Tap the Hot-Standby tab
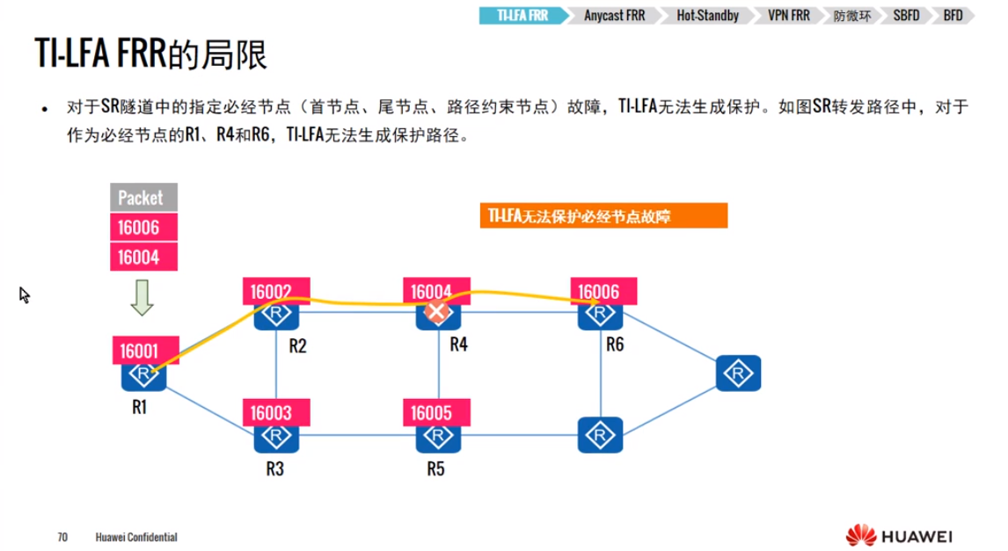pyautogui.click(x=707, y=16)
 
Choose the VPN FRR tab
pyautogui.click(x=787, y=16)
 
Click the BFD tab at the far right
pyautogui.click(x=953, y=16)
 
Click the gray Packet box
pyautogui.click(x=142, y=198)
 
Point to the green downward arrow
pyautogui.click(x=142, y=297)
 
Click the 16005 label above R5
pyautogui.click(x=437, y=412)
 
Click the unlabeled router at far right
pyautogui.click(x=737, y=373)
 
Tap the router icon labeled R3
pyautogui.click(x=276, y=435)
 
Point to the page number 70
pyautogui.click(x=62, y=536)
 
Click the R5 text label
pyautogui.click(x=435, y=468)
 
